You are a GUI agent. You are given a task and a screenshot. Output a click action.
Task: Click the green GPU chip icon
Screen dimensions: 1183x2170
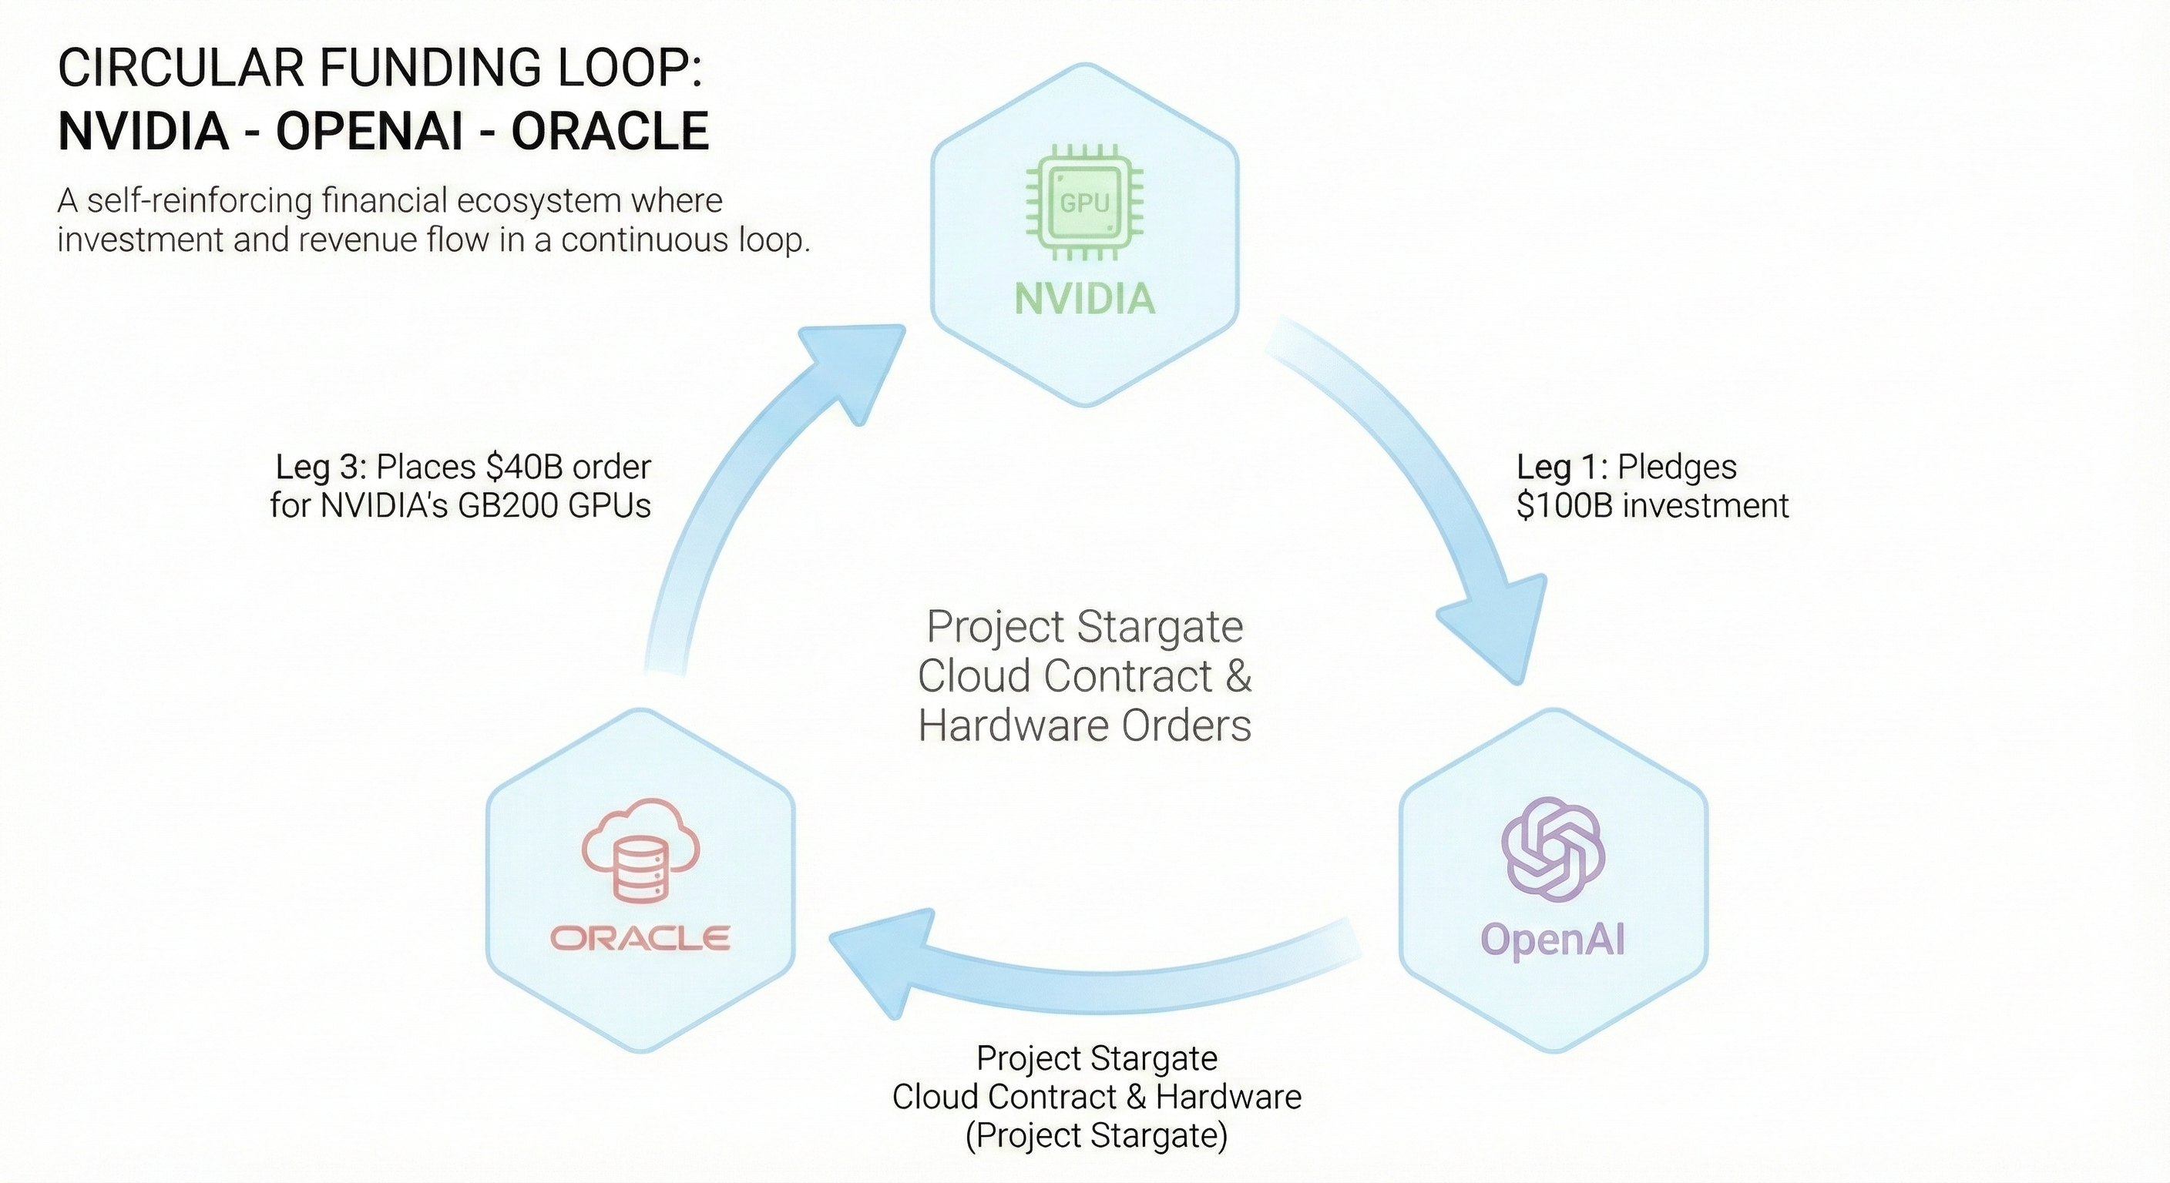[x=1084, y=203]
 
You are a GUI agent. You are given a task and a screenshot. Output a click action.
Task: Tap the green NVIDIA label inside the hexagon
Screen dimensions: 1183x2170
[x=1084, y=299]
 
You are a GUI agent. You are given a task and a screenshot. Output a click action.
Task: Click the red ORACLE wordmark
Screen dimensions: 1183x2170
[x=640, y=938]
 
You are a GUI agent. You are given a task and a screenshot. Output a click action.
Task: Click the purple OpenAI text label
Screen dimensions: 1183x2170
[x=1553, y=939]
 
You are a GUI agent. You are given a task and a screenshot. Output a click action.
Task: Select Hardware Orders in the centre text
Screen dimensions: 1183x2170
[x=1084, y=725]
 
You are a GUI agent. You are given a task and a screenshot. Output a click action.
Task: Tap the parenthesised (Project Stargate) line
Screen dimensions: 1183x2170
[x=1096, y=1135]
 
